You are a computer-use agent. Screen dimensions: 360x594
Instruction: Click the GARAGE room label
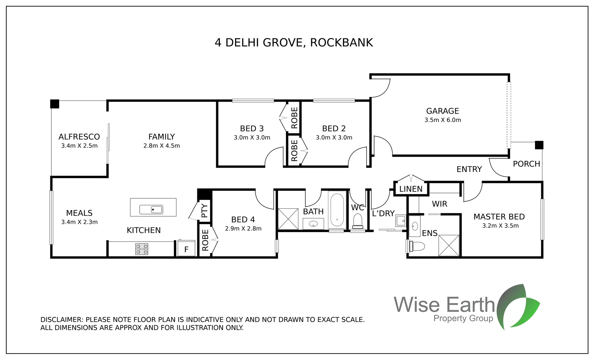pyautogui.click(x=442, y=111)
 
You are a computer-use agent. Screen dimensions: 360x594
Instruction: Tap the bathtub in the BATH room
pyautogui.click(x=337, y=210)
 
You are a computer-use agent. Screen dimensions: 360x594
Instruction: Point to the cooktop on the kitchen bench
pyautogui.click(x=142, y=249)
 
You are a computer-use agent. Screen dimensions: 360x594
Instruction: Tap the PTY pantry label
pyautogui.click(x=204, y=211)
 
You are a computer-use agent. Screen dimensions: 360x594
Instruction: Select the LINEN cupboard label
pyautogui.click(x=411, y=189)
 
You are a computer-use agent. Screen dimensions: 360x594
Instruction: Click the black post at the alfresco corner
pyautogui.click(x=55, y=104)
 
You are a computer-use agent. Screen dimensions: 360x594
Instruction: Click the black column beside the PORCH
pyautogui.click(x=539, y=145)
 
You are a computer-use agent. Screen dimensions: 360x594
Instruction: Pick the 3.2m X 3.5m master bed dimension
pyautogui.click(x=500, y=226)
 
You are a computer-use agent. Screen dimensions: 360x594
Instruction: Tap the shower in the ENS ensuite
pyautogui.click(x=449, y=245)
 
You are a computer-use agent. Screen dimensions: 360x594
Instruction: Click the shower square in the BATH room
pyautogui.click(x=288, y=219)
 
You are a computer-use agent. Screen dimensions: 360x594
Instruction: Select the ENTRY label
pyautogui.click(x=469, y=169)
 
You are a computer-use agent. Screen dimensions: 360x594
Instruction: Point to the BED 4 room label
pyautogui.click(x=243, y=220)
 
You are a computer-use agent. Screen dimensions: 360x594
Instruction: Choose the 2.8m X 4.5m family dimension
pyautogui.click(x=161, y=146)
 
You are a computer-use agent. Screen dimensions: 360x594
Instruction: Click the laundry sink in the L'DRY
pyautogui.click(x=401, y=221)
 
